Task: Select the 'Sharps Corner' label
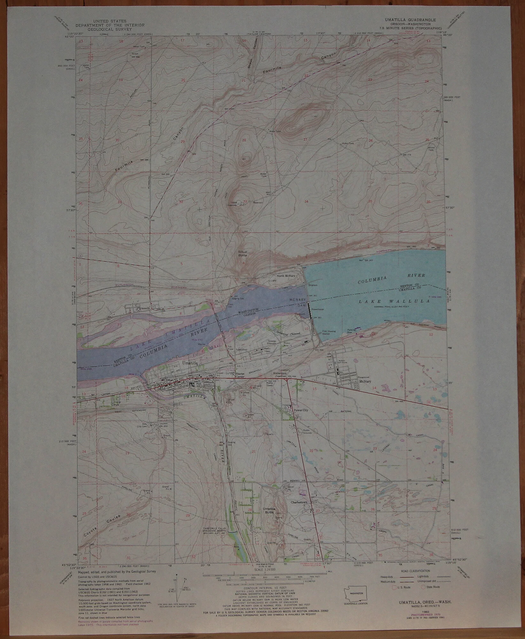point(240,375)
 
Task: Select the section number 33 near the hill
point(245,201)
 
